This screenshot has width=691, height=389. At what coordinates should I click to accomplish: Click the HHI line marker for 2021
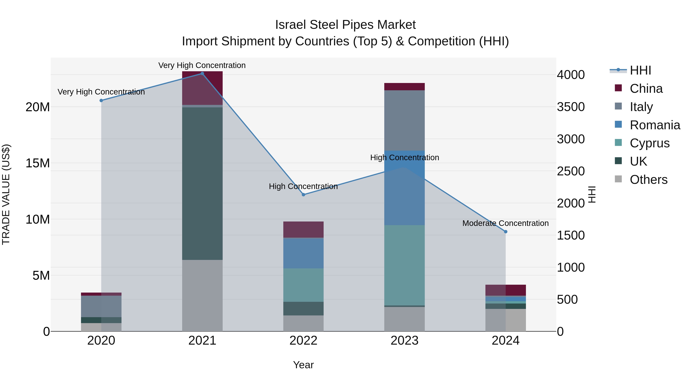[202, 74]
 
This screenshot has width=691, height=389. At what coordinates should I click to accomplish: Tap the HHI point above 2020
[101, 100]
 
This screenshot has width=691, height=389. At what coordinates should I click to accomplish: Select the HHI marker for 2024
[506, 232]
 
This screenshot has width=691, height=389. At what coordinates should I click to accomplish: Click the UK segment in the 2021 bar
[202, 183]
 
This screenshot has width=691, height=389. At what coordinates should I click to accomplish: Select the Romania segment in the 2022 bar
[303, 253]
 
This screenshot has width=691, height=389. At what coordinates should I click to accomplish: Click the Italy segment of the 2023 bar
[404, 120]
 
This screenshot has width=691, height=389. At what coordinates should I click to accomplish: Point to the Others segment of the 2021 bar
[202, 295]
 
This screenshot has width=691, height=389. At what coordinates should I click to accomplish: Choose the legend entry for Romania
[655, 125]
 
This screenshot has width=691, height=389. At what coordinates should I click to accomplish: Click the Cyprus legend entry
[649, 143]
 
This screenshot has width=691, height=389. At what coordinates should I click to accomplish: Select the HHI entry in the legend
[640, 70]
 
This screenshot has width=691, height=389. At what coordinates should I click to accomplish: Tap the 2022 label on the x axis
[303, 341]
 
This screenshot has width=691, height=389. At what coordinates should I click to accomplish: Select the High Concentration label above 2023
[404, 157]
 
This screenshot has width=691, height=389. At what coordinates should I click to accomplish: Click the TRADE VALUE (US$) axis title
[6, 194]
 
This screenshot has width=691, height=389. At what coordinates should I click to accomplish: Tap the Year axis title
[303, 365]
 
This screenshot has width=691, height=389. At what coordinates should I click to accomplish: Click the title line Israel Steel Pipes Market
[345, 25]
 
